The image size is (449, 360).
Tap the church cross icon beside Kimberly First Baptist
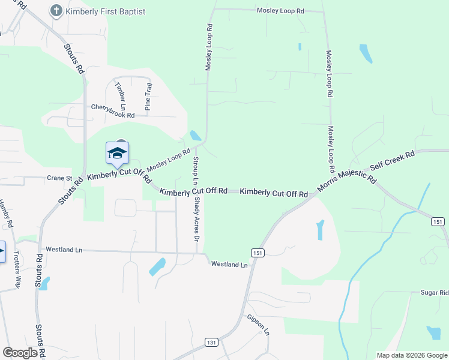tap(56, 10)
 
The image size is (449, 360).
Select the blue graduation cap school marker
tap(118, 154)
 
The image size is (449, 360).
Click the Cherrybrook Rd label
tap(113, 107)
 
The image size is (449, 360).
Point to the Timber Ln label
tap(120, 95)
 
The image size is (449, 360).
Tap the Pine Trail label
tap(148, 97)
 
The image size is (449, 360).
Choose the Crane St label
tap(59, 178)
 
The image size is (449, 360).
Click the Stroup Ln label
tap(196, 170)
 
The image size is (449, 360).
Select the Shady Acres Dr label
tap(196, 220)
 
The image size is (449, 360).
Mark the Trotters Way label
tap(17, 269)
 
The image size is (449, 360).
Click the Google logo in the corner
tap(20, 353)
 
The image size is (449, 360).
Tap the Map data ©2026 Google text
tap(411, 355)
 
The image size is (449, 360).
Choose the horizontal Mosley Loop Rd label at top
tap(280, 11)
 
